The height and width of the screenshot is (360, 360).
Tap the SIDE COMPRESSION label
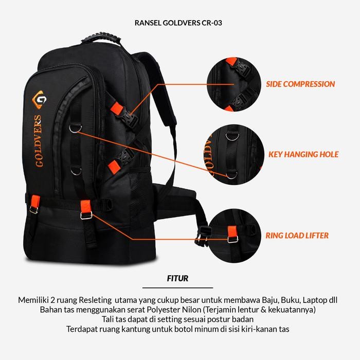point(300,84)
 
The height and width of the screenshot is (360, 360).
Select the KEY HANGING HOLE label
point(303,154)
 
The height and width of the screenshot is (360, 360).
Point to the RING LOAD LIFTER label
point(297,236)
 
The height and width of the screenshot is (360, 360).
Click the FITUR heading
point(177,279)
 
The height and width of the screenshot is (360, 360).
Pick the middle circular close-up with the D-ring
point(233,152)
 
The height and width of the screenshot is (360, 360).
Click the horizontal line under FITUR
point(177,287)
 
